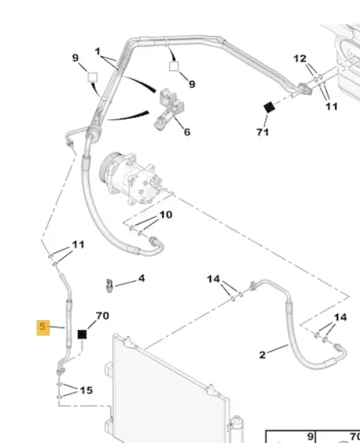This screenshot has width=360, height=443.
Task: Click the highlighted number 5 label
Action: [x=43, y=327]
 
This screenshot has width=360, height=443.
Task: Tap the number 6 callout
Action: [x=187, y=132]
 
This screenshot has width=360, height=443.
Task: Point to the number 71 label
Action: [x=262, y=132]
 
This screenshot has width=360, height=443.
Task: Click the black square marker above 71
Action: [x=269, y=107]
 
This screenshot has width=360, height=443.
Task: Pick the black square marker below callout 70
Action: [x=82, y=334]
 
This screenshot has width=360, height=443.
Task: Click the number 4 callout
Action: [x=142, y=279]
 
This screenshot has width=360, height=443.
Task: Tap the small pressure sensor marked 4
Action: [x=109, y=286]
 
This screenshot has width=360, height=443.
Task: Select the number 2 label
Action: [x=262, y=355]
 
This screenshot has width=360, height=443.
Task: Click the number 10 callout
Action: [x=166, y=215]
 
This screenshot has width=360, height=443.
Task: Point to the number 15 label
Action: [x=86, y=390]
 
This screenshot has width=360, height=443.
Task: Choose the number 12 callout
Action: [x=300, y=59]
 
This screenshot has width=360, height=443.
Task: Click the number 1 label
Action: [x=98, y=52]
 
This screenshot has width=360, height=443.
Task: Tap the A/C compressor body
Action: [x=131, y=178]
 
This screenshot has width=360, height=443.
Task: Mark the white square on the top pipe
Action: [x=174, y=67]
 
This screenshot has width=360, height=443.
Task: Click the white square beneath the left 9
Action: [x=93, y=77]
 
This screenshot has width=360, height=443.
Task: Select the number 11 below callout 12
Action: [x=331, y=107]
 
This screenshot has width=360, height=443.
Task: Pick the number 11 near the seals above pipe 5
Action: [x=78, y=244]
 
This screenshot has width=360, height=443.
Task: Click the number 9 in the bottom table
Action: [x=310, y=436]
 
